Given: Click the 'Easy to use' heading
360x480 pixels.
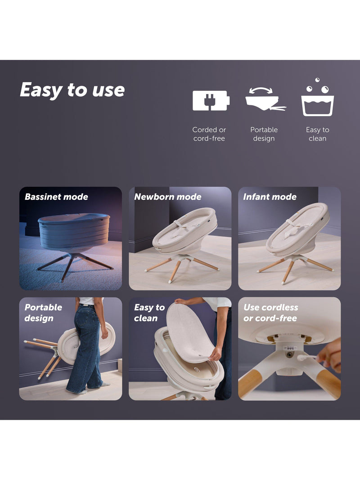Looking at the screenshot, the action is point(72,90).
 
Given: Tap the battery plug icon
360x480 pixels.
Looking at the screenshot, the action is point(211,100).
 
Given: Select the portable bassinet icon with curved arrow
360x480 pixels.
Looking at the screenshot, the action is point(265,99).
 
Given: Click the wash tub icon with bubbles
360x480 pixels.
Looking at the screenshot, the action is point(317,97).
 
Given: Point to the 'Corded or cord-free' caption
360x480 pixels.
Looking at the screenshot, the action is point(209,134).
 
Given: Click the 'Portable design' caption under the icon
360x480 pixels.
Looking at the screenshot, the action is point(264,134).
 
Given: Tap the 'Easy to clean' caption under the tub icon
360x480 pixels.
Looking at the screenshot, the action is point(317,134).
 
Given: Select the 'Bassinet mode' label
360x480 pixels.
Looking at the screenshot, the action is point(56,197).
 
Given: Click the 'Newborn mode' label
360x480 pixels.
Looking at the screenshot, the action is point(168,197).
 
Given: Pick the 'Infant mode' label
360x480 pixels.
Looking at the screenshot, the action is point(270,197).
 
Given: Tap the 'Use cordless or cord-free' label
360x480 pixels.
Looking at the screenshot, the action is point(270,313).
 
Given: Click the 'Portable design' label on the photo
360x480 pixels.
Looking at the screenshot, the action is point(43,313).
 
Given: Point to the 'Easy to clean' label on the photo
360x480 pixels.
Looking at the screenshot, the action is point(149,313).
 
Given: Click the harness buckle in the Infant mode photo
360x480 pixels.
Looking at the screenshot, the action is point(293,227).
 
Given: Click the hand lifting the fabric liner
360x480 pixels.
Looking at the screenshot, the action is point(216,354).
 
